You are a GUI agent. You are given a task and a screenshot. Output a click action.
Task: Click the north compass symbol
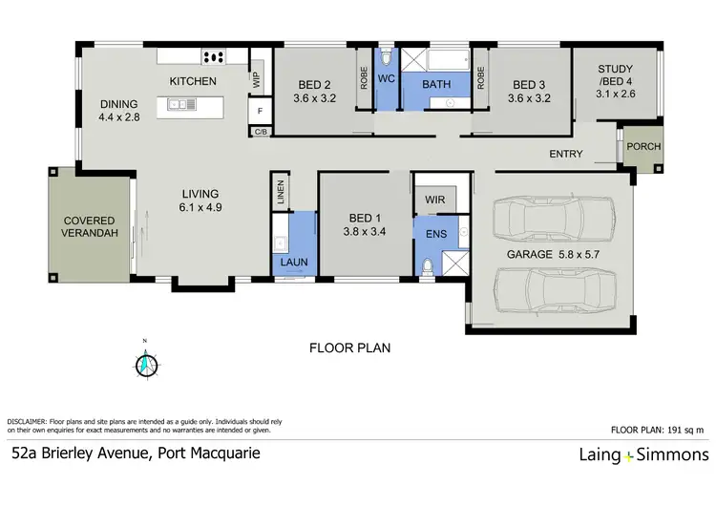[146, 363]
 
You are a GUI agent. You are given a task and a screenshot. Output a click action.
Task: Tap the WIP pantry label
[256, 79]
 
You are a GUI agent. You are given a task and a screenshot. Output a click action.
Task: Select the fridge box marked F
[259, 111]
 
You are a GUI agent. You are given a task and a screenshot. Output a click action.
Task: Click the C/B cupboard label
[260, 131]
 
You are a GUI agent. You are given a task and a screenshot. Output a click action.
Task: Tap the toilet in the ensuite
[426, 266]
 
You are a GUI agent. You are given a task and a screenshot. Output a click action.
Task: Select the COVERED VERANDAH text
[90, 225]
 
